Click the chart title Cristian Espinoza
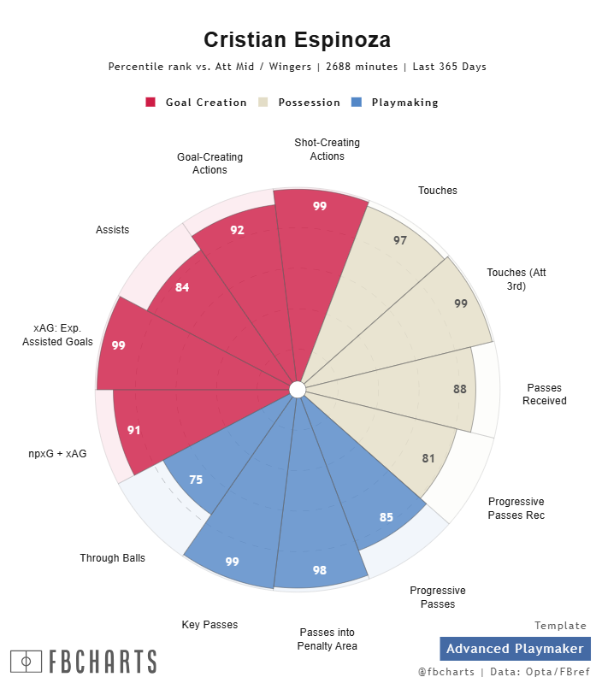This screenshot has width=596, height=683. click(298, 40)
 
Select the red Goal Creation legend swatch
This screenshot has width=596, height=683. click(150, 102)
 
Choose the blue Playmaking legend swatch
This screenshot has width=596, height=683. click(356, 102)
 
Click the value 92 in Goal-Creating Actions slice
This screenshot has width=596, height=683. click(238, 230)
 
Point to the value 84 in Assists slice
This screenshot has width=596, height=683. click(182, 287)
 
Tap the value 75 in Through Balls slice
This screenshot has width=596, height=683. click(196, 480)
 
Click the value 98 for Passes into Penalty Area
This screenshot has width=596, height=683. click(320, 570)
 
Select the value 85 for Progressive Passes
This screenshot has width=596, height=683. click(387, 516)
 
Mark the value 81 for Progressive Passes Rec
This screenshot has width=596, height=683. click(428, 458)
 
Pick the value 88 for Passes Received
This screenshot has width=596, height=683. click(460, 389)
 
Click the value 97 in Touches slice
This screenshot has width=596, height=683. click(400, 240)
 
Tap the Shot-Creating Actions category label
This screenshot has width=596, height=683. click(328, 150)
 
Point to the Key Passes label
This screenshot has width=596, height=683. click(209, 625)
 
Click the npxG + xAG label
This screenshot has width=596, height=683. click(57, 453)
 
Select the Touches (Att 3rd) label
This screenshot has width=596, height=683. click(516, 280)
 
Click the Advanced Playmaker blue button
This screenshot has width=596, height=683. click(515, 649)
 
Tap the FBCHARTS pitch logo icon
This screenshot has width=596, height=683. click(26, 661)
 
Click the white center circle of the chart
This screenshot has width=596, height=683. click(298, 390)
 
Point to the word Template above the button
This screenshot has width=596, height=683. click(560, 626)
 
